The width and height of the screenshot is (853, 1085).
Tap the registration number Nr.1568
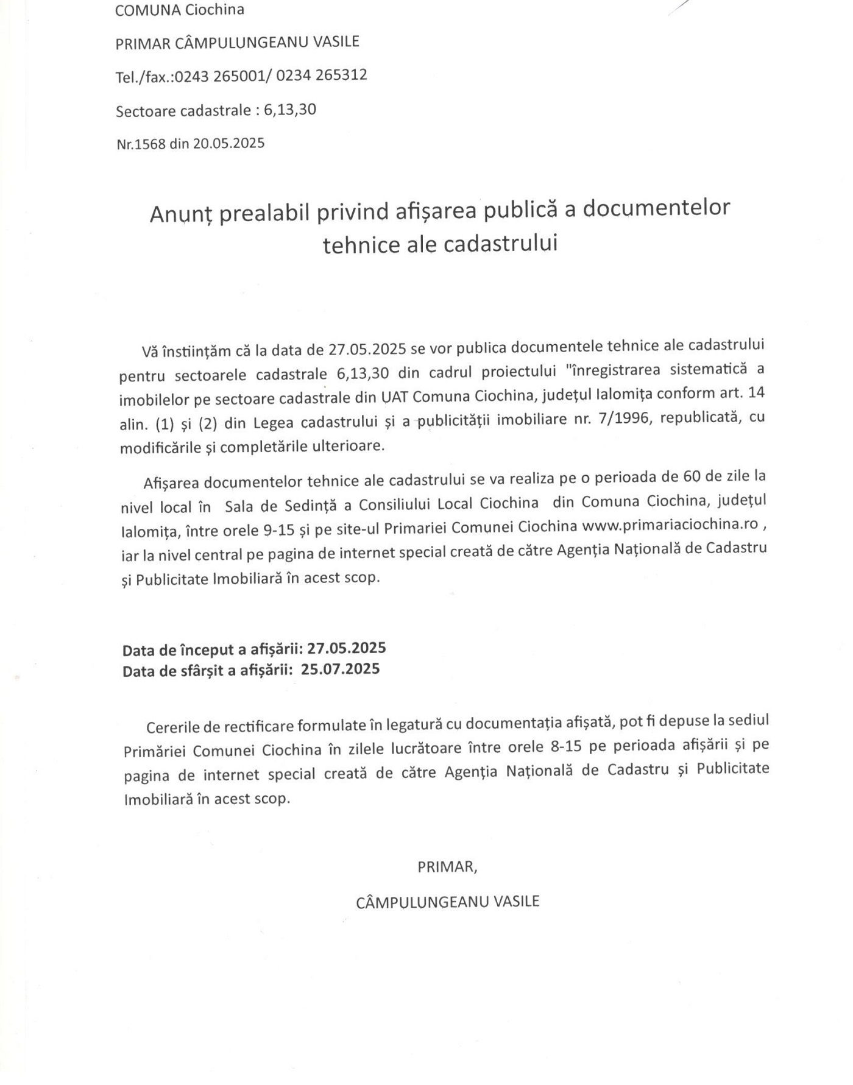point(141,144)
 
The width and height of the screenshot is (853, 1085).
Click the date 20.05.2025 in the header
point(228,143)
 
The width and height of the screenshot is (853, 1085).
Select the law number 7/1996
point(628,419)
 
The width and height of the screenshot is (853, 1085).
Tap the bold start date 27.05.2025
point(346,648)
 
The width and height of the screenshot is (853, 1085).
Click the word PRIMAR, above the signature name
point(447,867)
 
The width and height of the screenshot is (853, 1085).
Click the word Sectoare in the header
point(144,111)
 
